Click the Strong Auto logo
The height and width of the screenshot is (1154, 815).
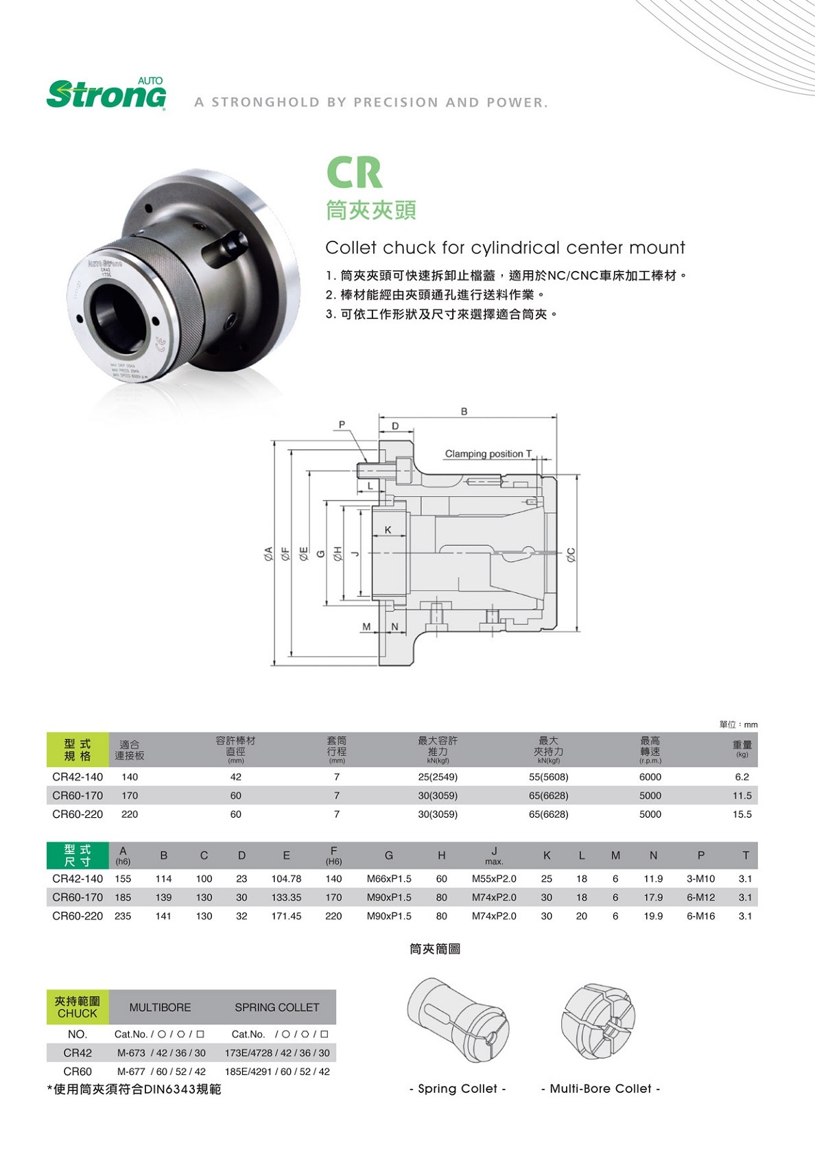click(106, 94)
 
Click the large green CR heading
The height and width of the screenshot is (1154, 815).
click(354, 172)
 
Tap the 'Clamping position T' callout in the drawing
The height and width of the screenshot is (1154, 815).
click(488, 454)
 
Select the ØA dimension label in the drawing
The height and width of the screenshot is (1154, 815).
click(270, 553)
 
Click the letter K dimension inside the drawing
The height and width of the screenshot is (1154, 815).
click(388, 530)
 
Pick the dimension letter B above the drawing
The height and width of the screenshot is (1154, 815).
click(464, 412)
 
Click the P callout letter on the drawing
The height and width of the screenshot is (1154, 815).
click(342, 425)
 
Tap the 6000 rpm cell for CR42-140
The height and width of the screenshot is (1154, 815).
click(650, 777)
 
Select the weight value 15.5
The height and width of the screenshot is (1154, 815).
click(742, 814)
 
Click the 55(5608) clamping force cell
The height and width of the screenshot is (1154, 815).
click(548, 777)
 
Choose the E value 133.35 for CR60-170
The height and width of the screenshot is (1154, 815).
click(286, 897)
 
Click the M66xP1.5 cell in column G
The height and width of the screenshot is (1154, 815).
click(389, 879)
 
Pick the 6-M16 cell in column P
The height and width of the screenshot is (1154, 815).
click(700, 916)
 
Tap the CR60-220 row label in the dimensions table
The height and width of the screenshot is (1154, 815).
click(78, 916)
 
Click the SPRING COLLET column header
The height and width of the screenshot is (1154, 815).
click(276, 1007)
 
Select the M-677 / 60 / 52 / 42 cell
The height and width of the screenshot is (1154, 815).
click(161, 1072)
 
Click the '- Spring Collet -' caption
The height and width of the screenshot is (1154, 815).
click(458, 1089)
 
